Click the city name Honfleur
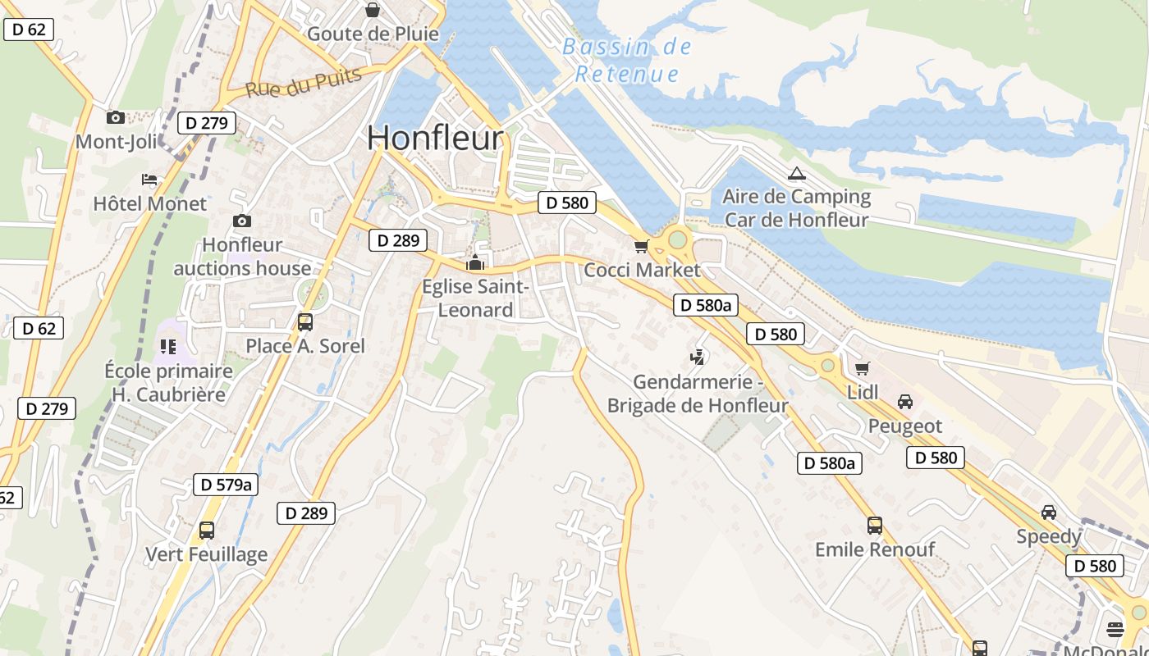click(434, 137)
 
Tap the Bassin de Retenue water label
click(627, 60)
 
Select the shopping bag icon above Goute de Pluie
click(373, 10)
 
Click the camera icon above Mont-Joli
click(115, 117)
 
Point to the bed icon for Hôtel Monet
click(149, 179)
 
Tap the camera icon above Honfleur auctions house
click(241, 221)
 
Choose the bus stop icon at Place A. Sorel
click(304, 321)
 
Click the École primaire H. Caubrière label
click(169, 382)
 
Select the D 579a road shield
click(226, 485)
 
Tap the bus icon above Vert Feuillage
click(206, 530)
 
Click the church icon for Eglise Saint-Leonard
click(475, 263)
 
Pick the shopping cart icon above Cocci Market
click(641, 246)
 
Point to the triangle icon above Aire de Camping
click(795, 174)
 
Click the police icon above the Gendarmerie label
click(698, 357)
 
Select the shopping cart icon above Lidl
click(862, 369)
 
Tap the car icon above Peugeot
click(905, 402)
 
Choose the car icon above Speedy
click(1048, 512)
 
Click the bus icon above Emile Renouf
click(874, 525)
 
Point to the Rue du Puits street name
click(304, 82)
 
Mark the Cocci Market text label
click(642, 270)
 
